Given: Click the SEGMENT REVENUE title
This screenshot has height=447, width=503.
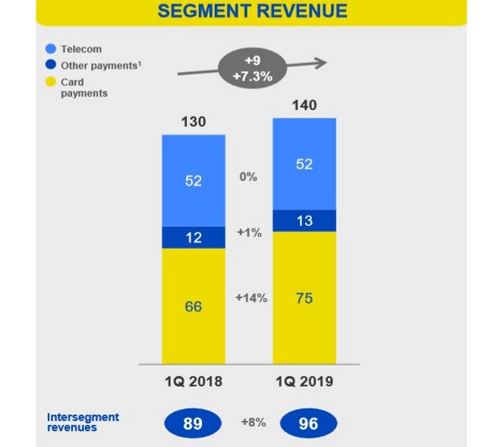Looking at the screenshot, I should coord(252,12).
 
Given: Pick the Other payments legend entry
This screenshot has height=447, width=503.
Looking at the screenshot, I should coord(95,66).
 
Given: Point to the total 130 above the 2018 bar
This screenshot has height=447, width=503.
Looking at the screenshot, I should coord(193,122).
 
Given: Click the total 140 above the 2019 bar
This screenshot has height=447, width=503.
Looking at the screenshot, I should coord(304,105).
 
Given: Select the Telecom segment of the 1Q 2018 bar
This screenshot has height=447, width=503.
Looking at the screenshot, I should coord(193,181).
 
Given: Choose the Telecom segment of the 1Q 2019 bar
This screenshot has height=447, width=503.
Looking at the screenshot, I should coord(304,164).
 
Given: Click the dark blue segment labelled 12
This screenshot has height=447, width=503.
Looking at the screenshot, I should coord(193,238).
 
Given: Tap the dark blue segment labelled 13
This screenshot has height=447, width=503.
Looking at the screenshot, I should coord(304,221).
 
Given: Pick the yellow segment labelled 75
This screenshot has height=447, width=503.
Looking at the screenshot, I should coord(304,298).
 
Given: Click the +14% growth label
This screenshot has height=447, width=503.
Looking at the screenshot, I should coord(251,298).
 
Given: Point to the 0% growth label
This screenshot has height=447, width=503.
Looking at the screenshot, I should coord(248,178).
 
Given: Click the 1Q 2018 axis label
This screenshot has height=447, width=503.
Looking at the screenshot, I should coord(193,381).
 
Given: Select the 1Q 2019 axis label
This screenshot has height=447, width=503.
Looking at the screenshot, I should coord(304,381).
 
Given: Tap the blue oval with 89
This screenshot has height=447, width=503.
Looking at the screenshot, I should coord(192,423).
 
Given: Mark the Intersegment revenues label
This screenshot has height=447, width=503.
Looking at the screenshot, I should coord(82,422).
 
